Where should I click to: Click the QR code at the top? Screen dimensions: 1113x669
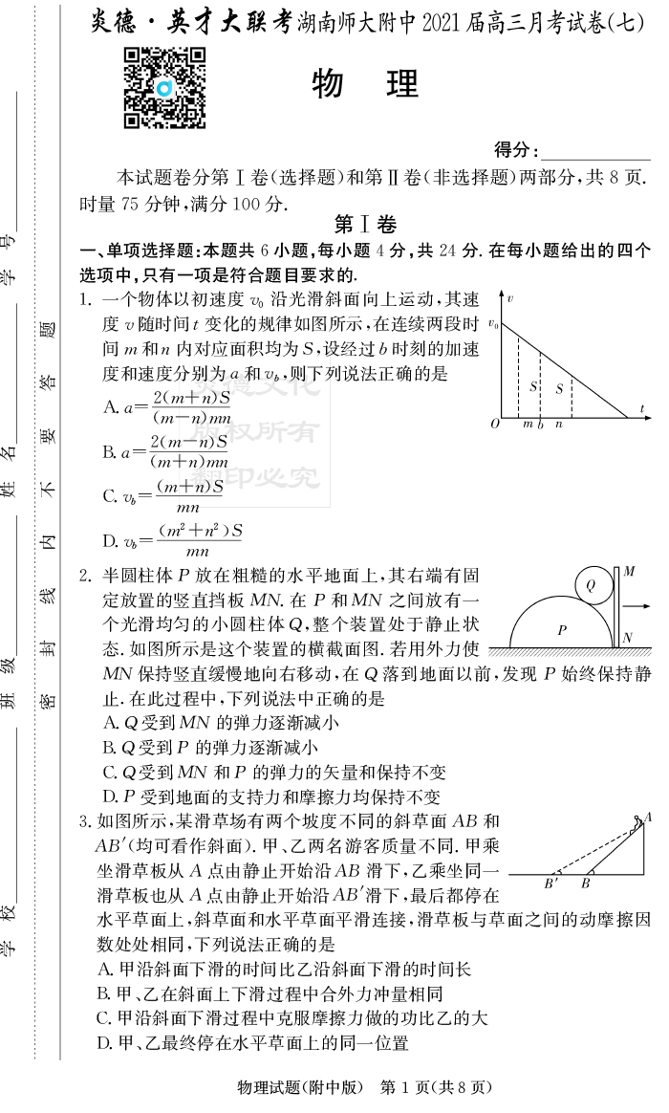(x=165, y=88)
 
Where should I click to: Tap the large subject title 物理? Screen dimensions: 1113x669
(x=366, y=85)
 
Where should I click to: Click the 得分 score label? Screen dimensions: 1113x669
(x=516, y=150)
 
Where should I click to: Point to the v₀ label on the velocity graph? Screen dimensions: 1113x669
(x=493, y=325)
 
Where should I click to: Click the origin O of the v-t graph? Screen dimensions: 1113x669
(x=494, y=423)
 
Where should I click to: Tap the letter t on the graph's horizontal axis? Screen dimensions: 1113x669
(x=643, y=409)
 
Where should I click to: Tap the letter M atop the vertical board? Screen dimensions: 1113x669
(x=629, y=572)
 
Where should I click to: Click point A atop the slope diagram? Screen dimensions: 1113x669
(x=648, y=817)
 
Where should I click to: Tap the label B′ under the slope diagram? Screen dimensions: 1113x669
(x=551, y=884)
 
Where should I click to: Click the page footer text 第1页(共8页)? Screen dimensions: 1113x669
(x=435, y=1087)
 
